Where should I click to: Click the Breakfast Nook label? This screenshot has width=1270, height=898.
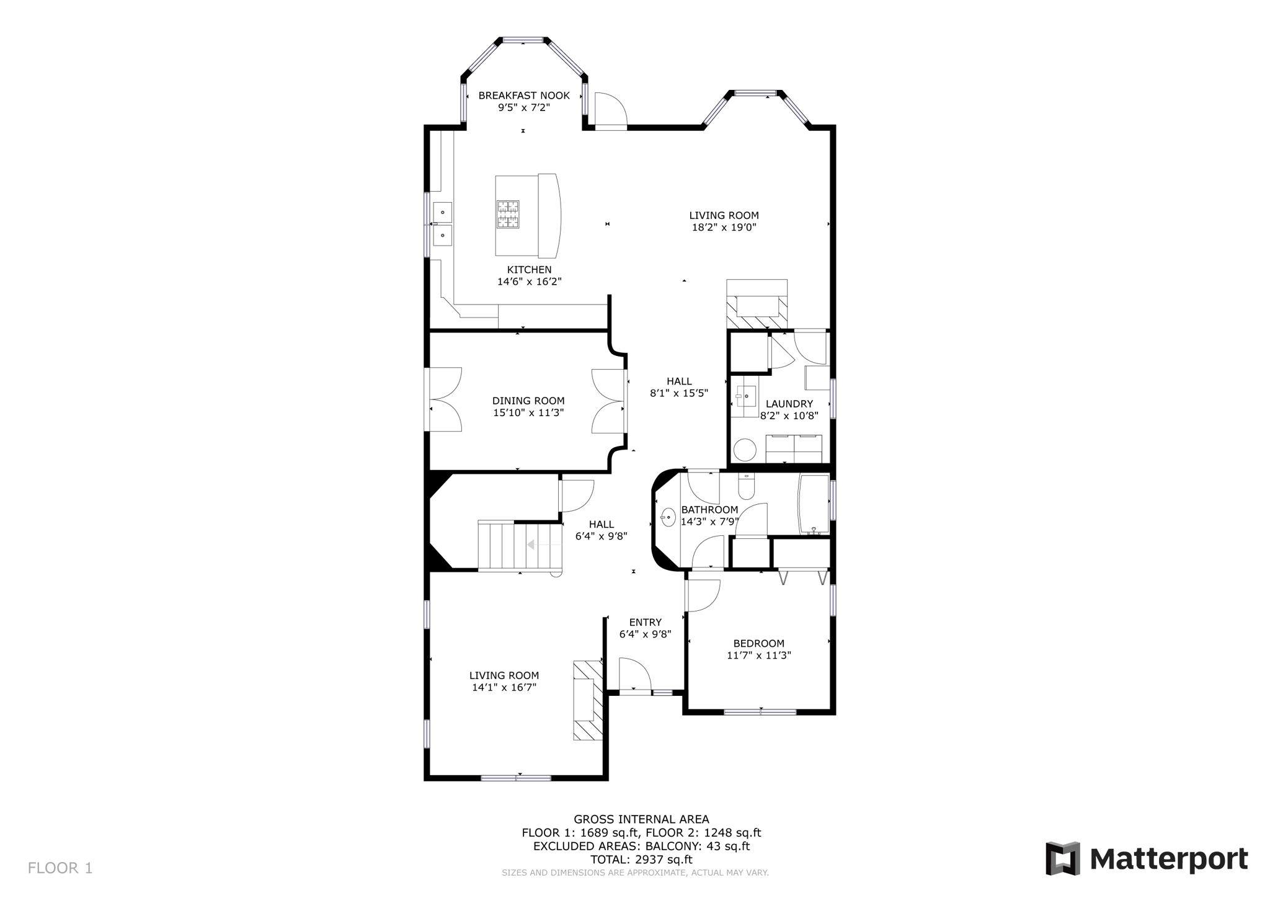(523, 96)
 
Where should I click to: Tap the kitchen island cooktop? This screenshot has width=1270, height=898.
(507, 215)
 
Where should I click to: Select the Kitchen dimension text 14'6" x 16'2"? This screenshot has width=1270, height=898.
(529, 282)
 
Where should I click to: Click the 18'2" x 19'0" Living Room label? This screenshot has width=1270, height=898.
(724, 221)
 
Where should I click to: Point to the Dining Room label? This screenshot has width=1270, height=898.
(528, 401)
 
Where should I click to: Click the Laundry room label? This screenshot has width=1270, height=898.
(789, 404)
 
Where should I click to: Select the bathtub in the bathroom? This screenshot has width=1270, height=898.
(814, 504)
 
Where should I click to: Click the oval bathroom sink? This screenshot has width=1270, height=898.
(668, 517)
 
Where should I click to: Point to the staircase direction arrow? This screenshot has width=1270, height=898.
(531, 545)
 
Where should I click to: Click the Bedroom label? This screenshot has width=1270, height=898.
(758, 644)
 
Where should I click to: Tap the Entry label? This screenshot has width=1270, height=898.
(645, 622)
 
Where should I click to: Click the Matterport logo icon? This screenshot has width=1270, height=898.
(1062, 859)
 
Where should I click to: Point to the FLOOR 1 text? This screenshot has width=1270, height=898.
(60, 868)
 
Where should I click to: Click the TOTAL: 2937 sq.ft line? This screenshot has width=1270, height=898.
(641, 860)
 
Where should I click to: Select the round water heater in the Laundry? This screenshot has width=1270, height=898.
(745, 450)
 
